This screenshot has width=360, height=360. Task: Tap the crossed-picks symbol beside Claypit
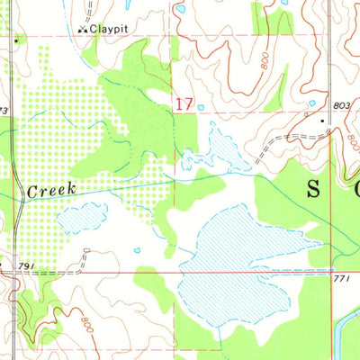(83, 29)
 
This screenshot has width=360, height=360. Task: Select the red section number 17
(184, 104)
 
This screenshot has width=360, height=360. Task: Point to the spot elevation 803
(339, 106)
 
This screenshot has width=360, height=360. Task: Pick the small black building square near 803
(321, 118)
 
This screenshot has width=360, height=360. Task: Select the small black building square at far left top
(16, 40)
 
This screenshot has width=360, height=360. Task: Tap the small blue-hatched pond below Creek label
(83, 217)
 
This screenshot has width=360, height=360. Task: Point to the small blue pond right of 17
(201, 107)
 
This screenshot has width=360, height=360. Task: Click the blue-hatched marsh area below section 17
(220, 148)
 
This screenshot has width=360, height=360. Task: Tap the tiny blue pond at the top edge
(181, 9)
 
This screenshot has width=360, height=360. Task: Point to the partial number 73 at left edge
(4, 110)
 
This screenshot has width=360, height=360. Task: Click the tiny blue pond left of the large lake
(138, 251)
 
